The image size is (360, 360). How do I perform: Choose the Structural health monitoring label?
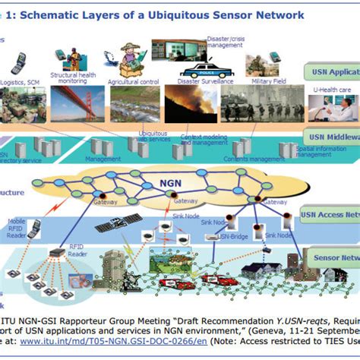click(x=72, y=79)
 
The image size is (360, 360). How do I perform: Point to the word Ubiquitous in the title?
click(x=191, y=14)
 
